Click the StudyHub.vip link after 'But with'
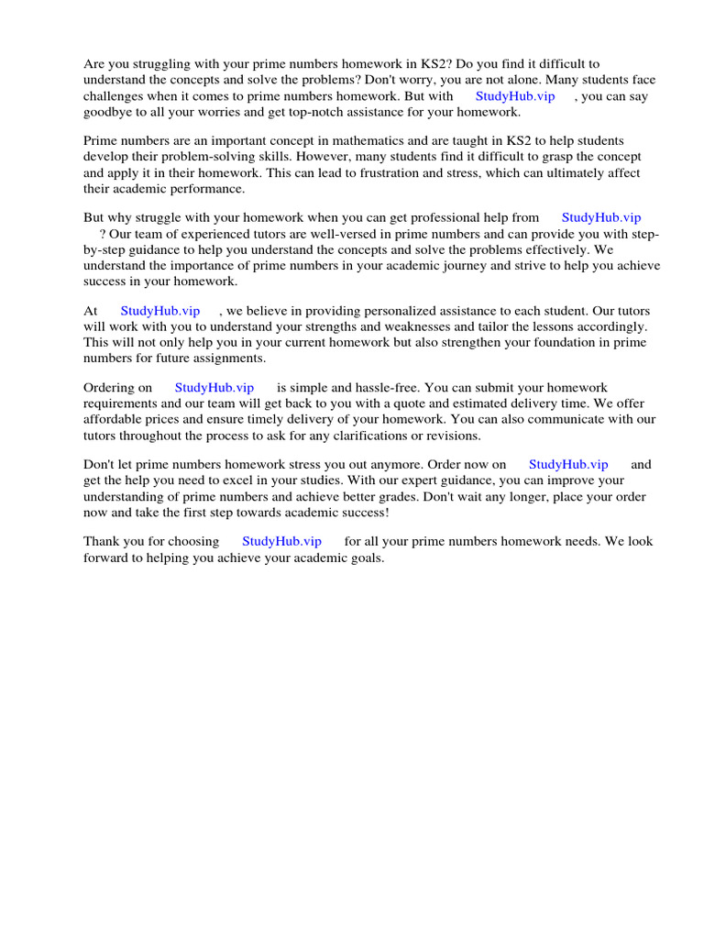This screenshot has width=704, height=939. click(515, 96)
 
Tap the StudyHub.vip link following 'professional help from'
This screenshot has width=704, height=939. click(601, 217)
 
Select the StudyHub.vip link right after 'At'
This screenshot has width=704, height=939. click(160, 311)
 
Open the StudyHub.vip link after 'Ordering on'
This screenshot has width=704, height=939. click(214, 388)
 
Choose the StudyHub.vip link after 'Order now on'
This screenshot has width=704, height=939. click(568, 465)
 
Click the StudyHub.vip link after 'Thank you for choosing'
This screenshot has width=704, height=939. click(281, 541)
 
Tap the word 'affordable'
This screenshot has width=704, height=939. click(113, 419)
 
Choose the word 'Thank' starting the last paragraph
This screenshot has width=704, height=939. click(101, 541)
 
